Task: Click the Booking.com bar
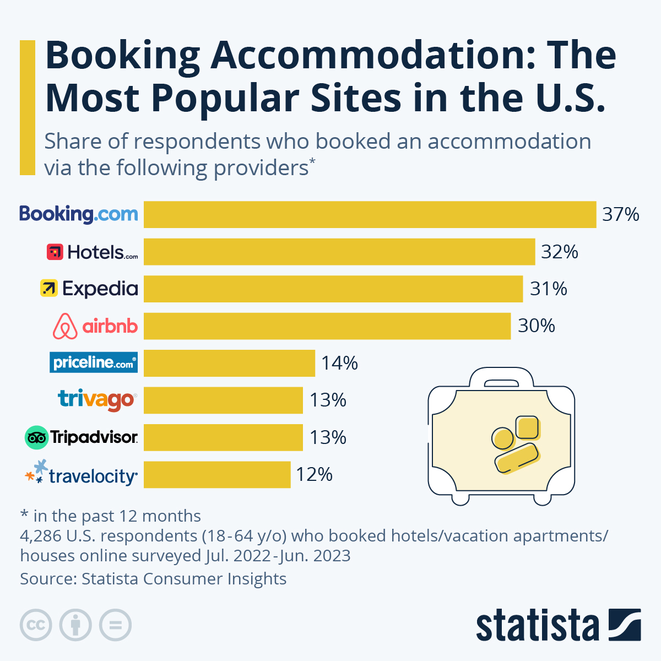(x=370, y=214)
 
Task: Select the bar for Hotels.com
(x=339, y=252)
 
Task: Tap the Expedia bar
(x=333, y=289)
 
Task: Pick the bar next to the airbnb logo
(x=327, y=326)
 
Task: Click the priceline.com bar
(x=229, y=363)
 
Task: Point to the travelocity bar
(x=217, y=474)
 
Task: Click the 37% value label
(x=620, y=214)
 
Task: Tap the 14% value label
(x=339, y=363)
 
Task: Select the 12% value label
(x=314, y=474)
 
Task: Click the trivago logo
(x=97, y=399)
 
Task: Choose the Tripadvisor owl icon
(x=37, y=437)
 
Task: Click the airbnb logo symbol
(x=65, y=326)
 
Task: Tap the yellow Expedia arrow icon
(x=49, y=288)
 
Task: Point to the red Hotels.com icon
(x=55, y=252)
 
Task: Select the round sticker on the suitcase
(x=502, y=438)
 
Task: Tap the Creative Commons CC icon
(x=36, y=625)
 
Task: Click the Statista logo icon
(x=624, y=625)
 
